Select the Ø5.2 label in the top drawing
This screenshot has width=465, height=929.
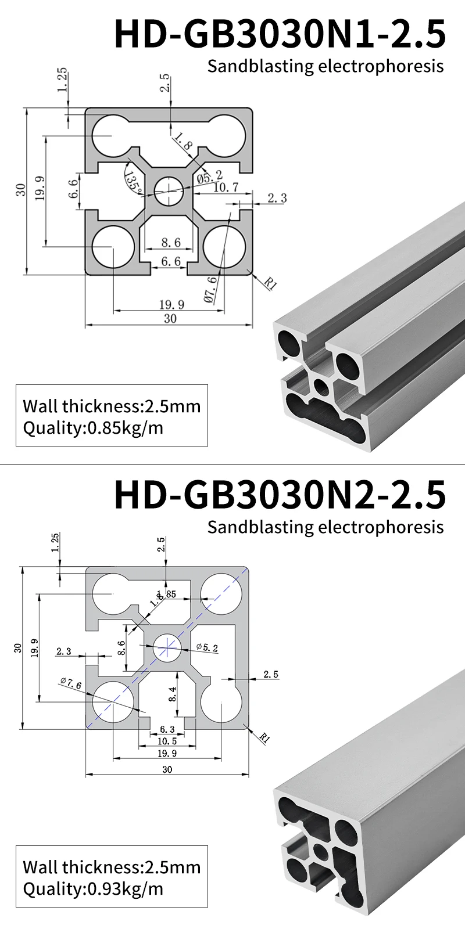coord(210,175)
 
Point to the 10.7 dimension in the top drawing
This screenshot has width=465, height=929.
coord(226,188)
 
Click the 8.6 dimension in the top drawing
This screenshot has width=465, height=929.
coord(170,242)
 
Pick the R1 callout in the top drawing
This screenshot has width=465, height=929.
coord(270,284)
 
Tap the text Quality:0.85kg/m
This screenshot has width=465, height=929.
coord(93,429)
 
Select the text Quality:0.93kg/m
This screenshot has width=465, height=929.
coord(93,888)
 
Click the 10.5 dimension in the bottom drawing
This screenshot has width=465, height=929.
coord(167,741)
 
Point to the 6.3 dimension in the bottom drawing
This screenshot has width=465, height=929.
coord(167,729)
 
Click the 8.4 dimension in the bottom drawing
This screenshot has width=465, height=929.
coord(172,693)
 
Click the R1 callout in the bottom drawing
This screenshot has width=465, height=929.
coord(264,738)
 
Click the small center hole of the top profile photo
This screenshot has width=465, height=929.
coord(321,384)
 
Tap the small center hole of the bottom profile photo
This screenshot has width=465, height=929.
coord(319,852)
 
